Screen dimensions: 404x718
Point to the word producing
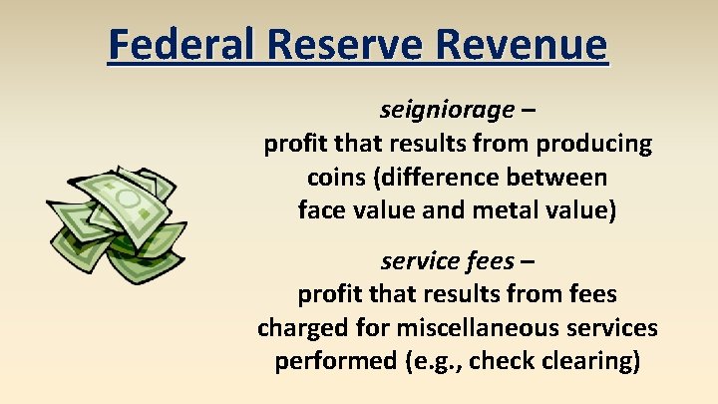pyautogui.click(x=594, y=144)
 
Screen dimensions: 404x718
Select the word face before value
pyautogui.click(x=319, y=210)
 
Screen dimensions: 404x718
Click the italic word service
pyautogui.click(x=415, y=261)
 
